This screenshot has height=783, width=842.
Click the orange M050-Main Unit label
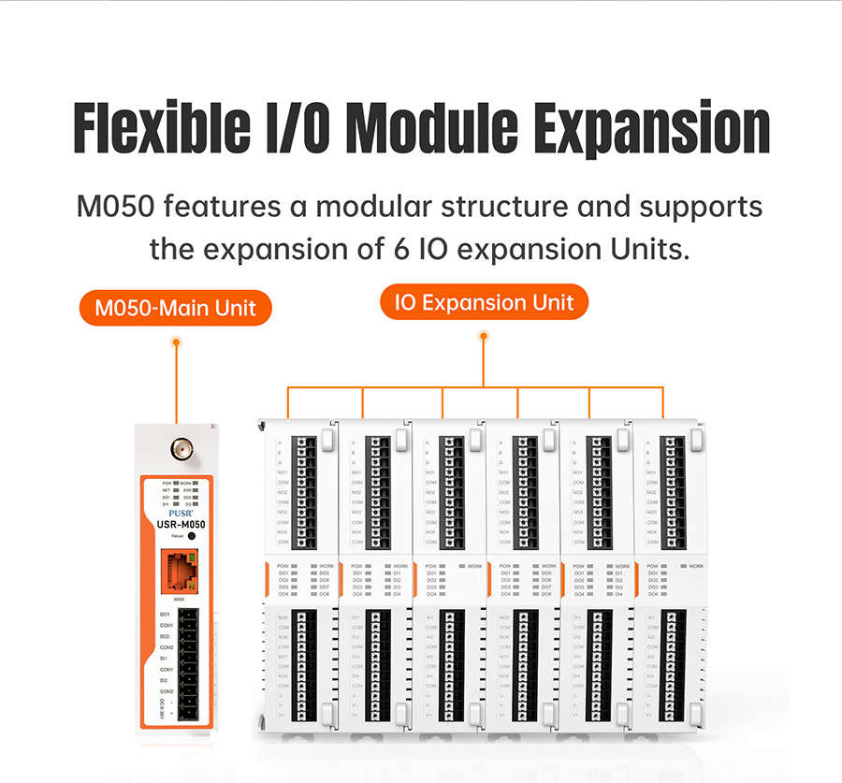pyautogui.click(x=176, y=307)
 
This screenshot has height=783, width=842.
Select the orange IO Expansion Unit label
pyautogui.click(x=484, y=303)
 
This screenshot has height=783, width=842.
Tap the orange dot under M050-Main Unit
pyautogui.click(x=176, y=342)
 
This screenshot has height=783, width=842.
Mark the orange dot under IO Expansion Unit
pyautogui.click(x=484, y=339)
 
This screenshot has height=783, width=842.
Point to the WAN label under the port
pyautogui.click(x=178, y=597)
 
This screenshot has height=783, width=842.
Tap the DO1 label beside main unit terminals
pyautogui.click(x=165, y=615)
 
